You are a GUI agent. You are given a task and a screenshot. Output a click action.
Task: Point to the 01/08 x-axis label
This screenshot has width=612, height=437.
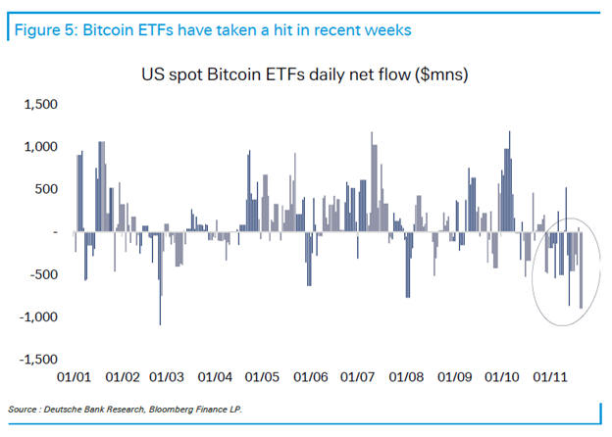coord(406,376)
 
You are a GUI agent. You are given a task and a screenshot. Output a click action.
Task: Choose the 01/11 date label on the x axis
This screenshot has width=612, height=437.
coord(549,376)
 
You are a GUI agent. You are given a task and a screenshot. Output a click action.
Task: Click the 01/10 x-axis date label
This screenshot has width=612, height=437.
coord(502,376)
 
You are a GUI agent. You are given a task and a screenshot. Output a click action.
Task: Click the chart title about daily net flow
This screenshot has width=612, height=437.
coord(304,74)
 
